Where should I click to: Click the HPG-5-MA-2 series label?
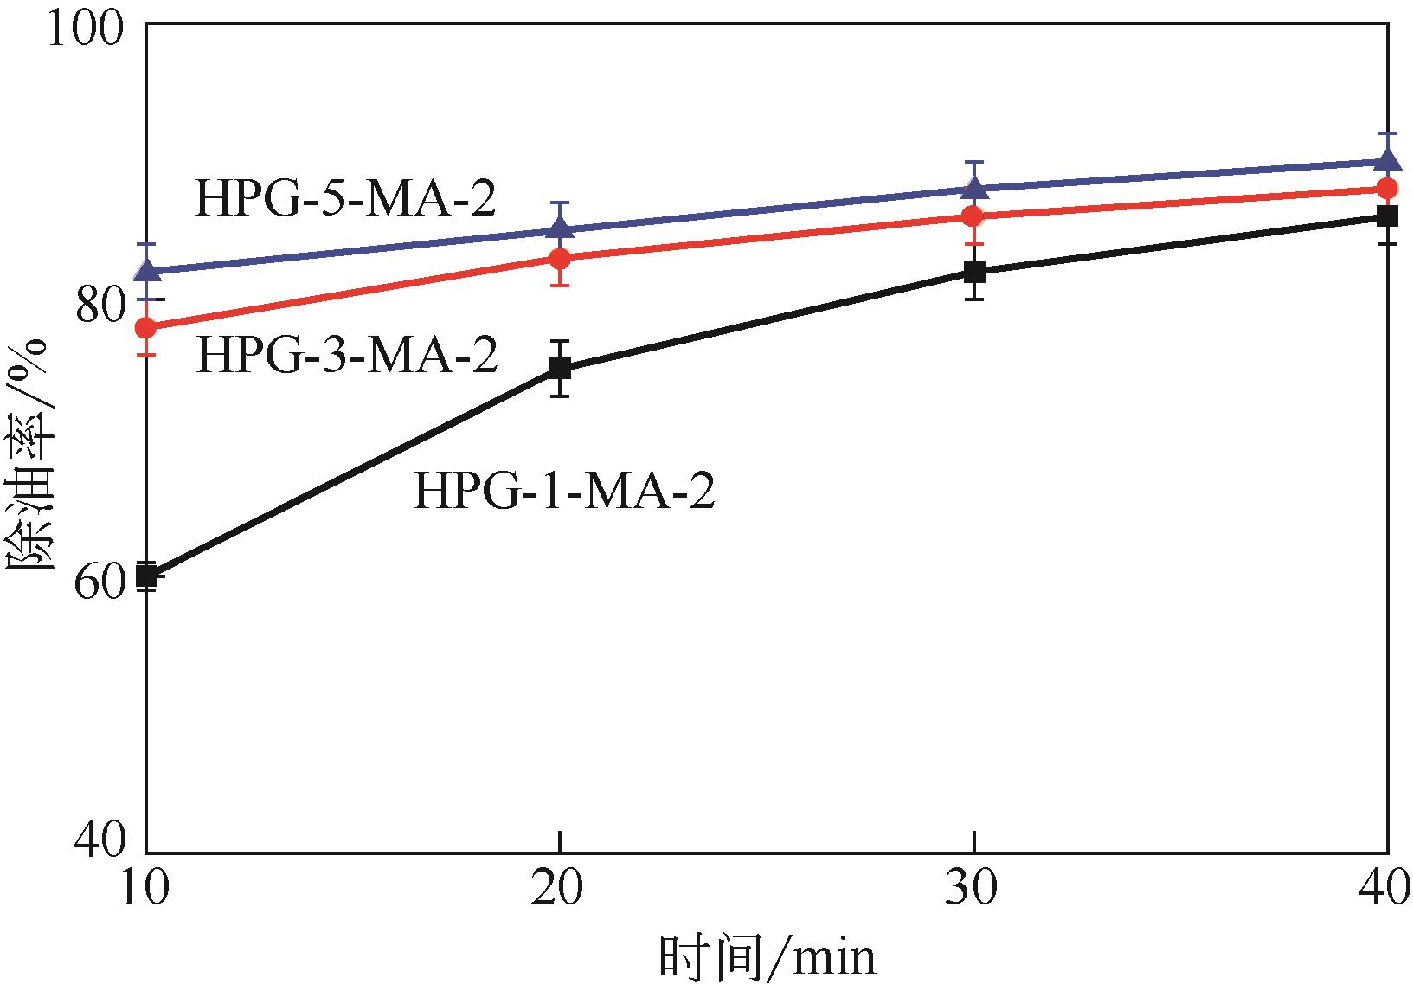click(345, 199)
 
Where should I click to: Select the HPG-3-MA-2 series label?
click(347, 355)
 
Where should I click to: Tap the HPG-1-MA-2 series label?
click(563, 492)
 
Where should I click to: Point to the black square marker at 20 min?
click(561, 370)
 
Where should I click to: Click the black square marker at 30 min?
click(975, 272)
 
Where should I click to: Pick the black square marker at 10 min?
click(147, 575)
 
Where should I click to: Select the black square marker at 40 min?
click(1388, 216)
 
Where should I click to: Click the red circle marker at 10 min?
click(147, 327)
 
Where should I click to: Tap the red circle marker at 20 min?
click(561, 259)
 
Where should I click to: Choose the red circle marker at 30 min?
click(975, 216)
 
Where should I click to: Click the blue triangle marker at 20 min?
click(561, 228)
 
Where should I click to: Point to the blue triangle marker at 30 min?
click(975, 188)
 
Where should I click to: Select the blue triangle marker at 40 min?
click(1388, 160)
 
